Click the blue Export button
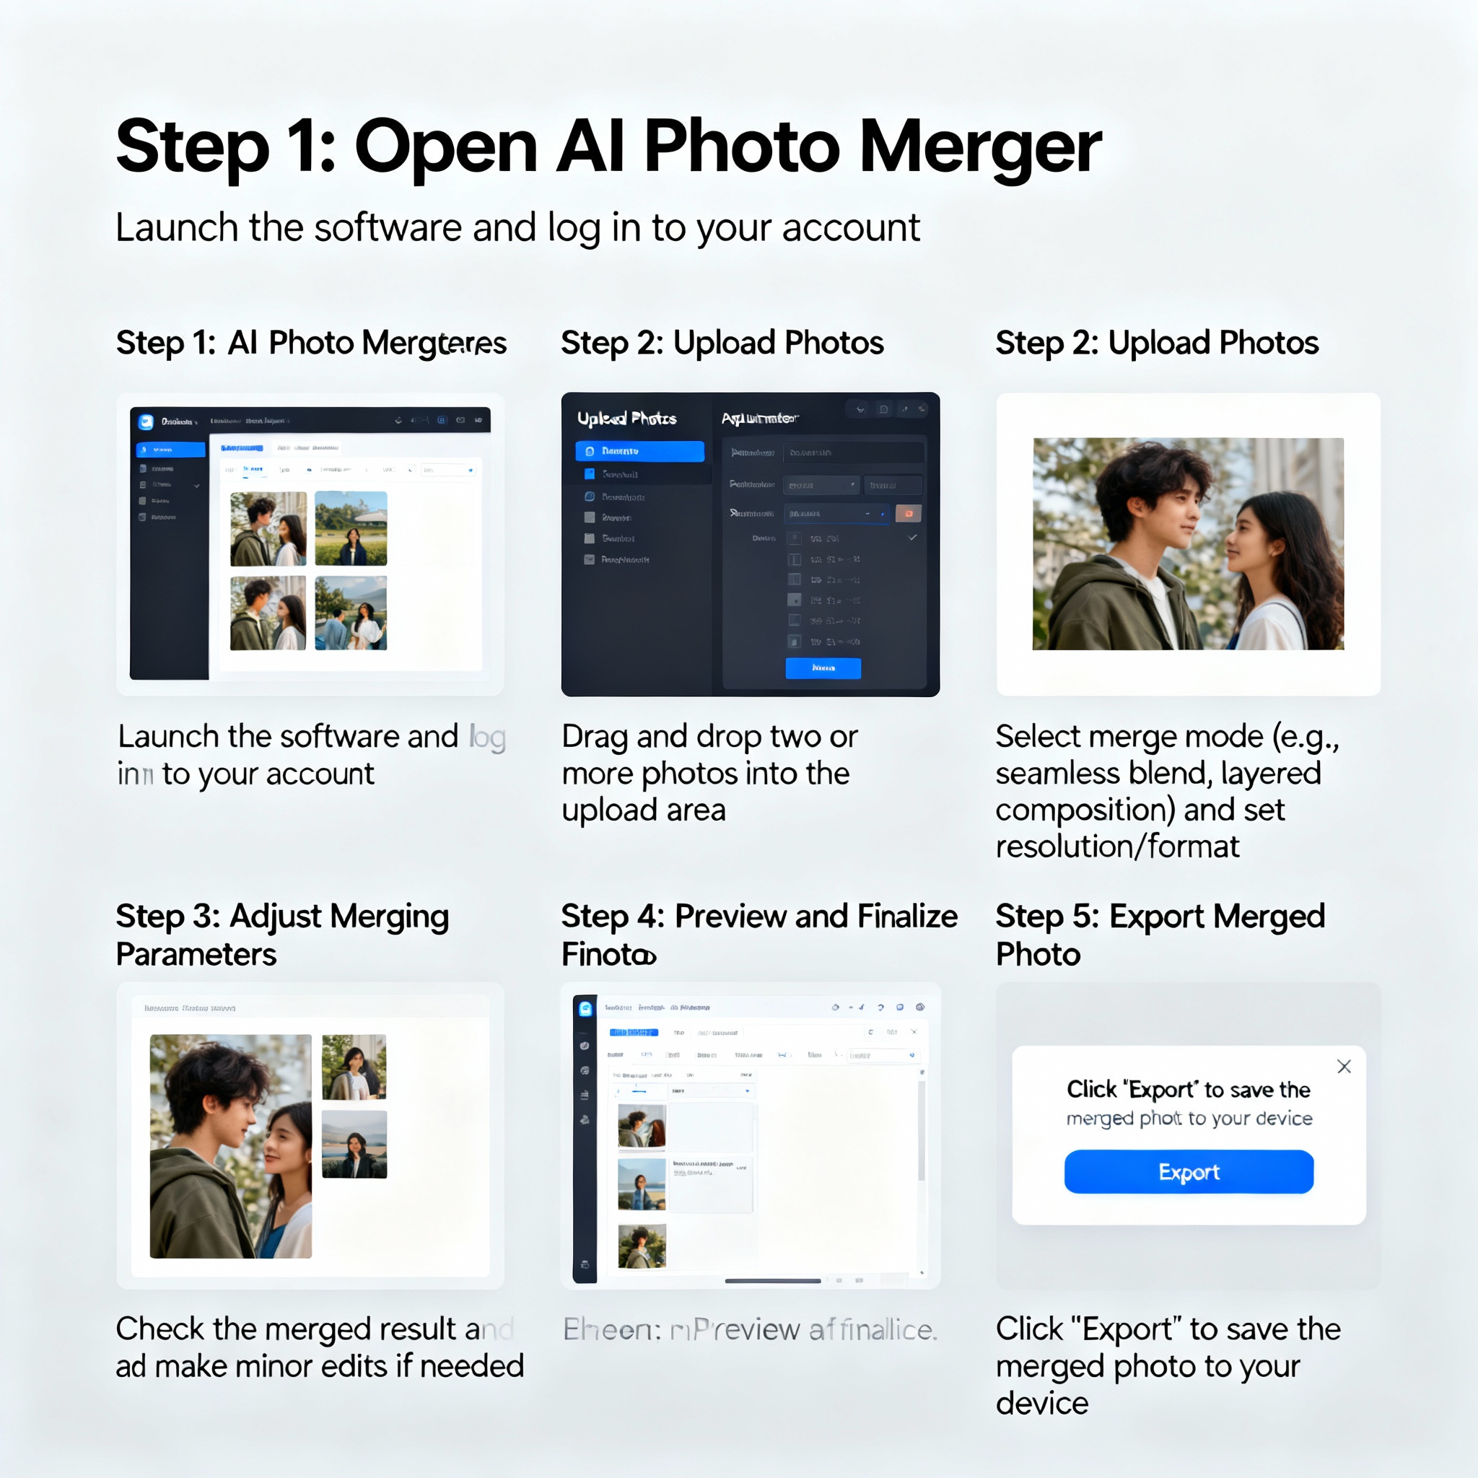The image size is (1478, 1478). point(1188,1171)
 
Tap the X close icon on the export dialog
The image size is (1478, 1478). point(1343,1067)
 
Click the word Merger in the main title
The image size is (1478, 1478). point(980,146)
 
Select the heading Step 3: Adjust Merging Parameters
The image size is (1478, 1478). point(281,934)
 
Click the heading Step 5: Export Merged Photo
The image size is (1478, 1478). point(1159,934)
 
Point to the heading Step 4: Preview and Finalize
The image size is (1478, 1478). point(758,917)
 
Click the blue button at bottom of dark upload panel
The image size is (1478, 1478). point(823,668)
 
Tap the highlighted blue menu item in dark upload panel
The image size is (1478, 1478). point(639,451)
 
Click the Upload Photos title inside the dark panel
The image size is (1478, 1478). point(626,419)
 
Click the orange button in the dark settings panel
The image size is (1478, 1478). point(908,513)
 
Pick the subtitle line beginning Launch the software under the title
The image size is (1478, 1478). point(517,228)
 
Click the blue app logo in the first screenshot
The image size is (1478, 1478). point(146,421)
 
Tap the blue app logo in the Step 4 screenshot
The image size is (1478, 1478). point(585,1008)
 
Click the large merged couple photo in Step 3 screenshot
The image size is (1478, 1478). point(230,1146)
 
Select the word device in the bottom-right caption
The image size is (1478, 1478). point(1041,1404)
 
